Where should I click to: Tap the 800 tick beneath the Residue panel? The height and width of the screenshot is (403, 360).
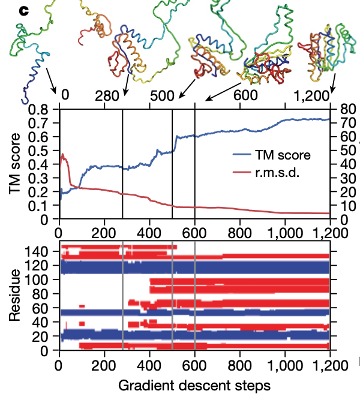[239, 363]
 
